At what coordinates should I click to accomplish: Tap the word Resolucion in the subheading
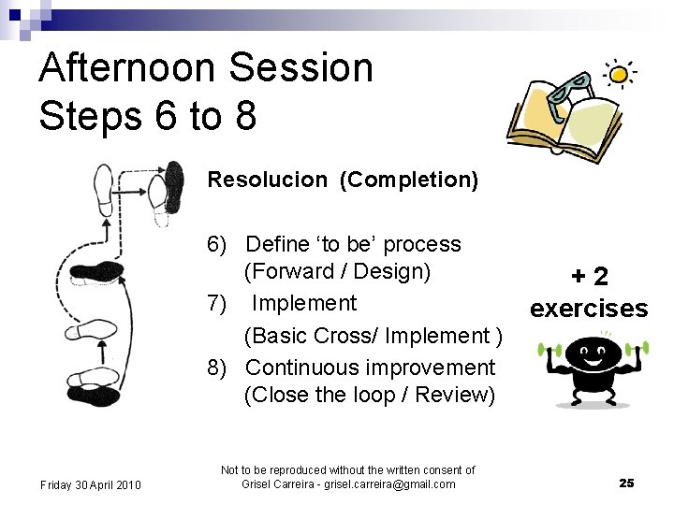(x=269, y=180)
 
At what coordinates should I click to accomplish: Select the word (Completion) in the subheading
(x=409, y=180)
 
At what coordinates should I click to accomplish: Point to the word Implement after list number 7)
(x=304, y=303)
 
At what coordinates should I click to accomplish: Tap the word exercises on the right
(x=589, y=309)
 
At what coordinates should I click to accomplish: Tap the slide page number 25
(x=626, y=483)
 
